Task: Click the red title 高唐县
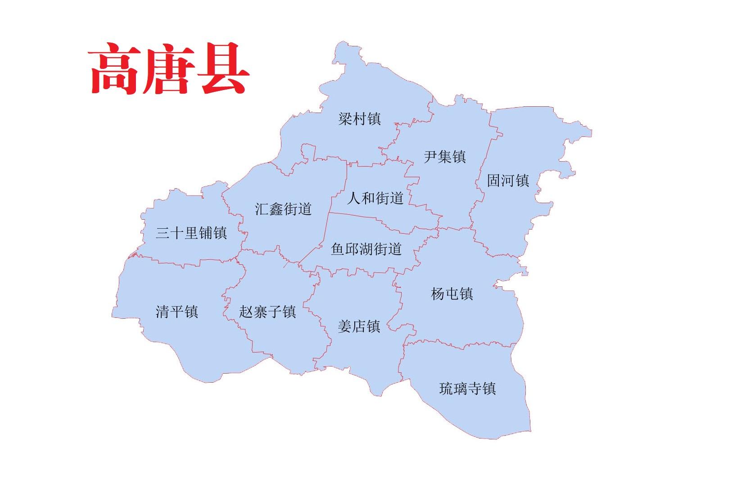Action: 169,69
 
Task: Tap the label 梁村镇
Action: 359,119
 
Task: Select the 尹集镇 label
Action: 444,157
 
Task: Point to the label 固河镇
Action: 508,181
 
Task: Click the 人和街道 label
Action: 375,198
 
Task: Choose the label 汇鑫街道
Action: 283,209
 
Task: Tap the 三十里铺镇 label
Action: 191,233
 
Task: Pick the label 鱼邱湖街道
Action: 366,249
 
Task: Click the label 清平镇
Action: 176,312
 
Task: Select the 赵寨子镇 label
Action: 267,312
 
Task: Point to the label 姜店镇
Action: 359,326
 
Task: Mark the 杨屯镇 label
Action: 452,294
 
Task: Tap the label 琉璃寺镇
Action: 467,388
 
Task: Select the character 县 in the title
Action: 224,69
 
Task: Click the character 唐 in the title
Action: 169,69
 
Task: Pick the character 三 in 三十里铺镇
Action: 163,233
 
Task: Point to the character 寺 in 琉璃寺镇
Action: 475,388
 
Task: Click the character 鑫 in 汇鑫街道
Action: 276,209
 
